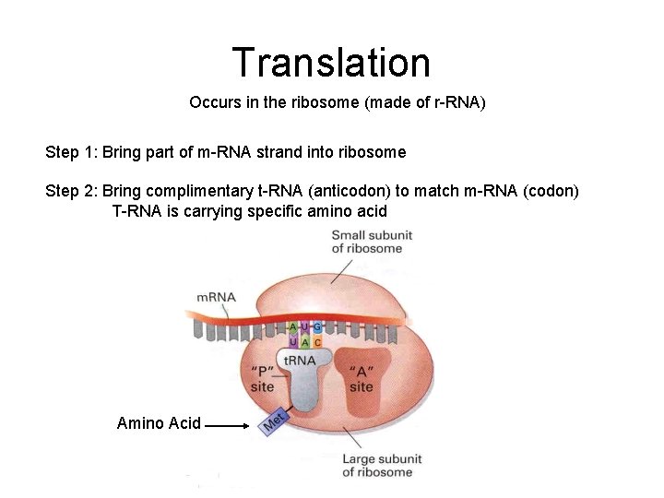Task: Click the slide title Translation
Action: tap(331, 63)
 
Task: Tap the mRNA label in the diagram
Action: tap(216, 297)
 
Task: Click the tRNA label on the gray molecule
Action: tap(302, 360)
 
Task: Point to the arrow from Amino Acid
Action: tap(226, 426)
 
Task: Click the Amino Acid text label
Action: tap(159, 423)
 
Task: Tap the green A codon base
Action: tap(293, 327)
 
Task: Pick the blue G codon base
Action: tap(317, 327)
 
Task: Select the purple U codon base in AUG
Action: tap(305, 327)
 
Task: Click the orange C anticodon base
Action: tap(317, 341)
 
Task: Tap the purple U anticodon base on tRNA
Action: tap(293, 341)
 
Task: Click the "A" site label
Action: tap(361, 378)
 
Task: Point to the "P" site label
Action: tap(263, 378)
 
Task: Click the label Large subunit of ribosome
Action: tap(378, 466)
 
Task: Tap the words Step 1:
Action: tap(72, 151)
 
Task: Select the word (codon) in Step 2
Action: tap(551, 192)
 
